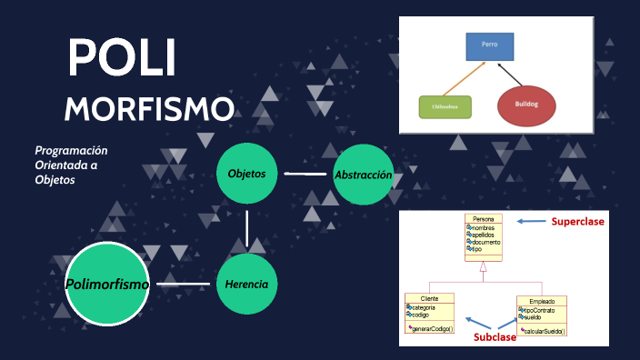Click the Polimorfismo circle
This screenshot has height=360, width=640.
[x=107, y=285]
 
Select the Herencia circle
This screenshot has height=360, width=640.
[x=246, y=285]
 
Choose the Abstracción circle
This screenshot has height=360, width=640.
[x=364, y=174]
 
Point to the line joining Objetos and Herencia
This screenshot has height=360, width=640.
[x=246, y=229]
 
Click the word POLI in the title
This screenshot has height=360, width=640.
[x=122, y=61]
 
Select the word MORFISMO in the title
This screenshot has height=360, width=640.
[x=149, y=109]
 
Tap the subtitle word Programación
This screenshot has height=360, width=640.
[x=71, y=150]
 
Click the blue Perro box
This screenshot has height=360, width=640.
[x=490, y=46]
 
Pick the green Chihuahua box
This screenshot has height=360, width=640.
[x=445, y=107]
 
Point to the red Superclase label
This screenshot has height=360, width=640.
[x=577, y=221]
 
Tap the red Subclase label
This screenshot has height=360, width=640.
[x=495, y=337]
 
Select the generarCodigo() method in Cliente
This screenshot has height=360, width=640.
[x=432, y=328]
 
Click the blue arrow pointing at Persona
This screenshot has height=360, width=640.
[x=530, y=221]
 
